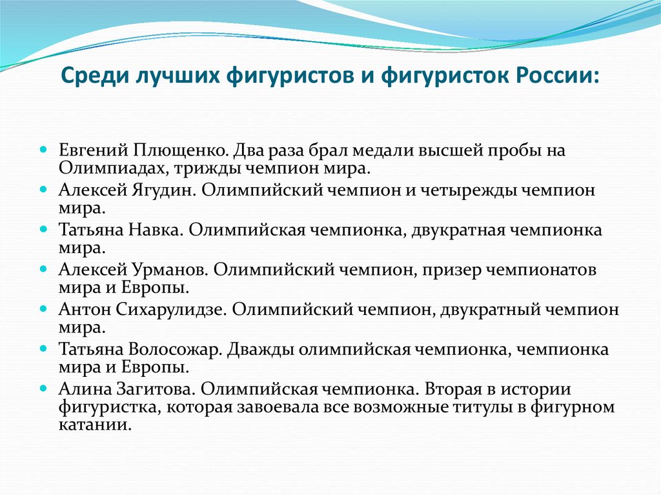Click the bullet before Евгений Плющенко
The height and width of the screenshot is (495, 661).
43,150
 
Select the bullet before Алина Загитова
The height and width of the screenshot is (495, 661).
43,388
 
